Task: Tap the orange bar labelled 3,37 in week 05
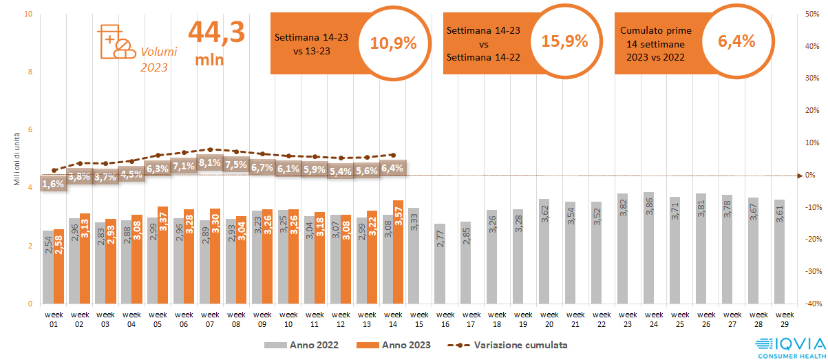coord(163,255)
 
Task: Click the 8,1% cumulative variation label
coord(209,163)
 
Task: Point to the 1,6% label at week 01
coord(53,184)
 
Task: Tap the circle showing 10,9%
coord(394,43)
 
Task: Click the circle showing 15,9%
coord(564,41)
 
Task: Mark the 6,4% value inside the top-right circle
coord(736,41)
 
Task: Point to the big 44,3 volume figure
coord(216,33)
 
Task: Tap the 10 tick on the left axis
coord(28,14)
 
